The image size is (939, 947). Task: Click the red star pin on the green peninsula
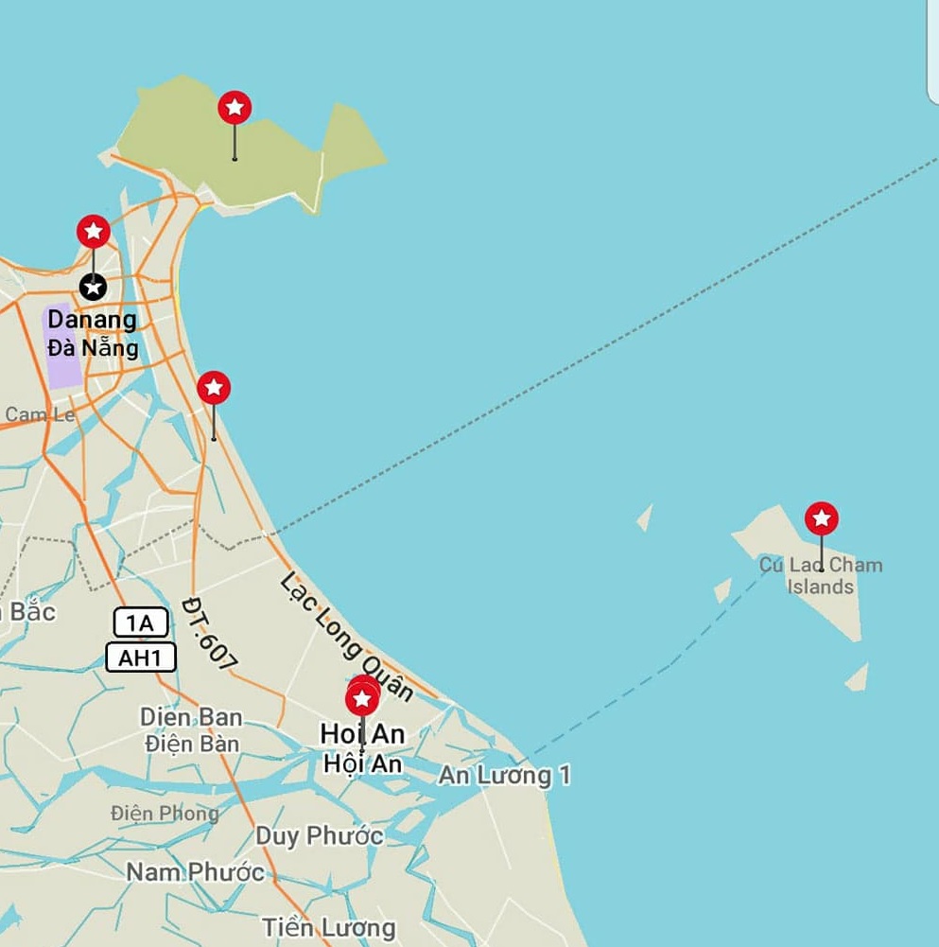click(x=235, y=108)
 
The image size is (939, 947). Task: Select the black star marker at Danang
click(x=93, y=286)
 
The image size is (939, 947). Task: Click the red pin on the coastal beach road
click(x=214, y=388)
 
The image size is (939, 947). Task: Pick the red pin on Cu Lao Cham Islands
click(x=822, y=518)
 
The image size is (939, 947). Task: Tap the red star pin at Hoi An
click(x=362, y=700)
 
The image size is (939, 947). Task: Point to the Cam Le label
click(x=40, y=414)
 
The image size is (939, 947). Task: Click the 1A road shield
click(x=141, y=623)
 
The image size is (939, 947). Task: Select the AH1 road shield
click(x=141, y=658)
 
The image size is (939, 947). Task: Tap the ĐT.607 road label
click(x=210, y=635)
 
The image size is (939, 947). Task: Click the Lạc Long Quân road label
click(x=347, y=635)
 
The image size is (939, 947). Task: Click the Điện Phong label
click(x=165, y=813)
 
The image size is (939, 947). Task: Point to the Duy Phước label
click(x=320, y=836)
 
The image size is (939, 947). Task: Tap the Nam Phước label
click(x=196, y=871)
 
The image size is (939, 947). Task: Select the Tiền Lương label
click(x=329, y=927)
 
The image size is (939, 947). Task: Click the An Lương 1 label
click(x=505, y=776)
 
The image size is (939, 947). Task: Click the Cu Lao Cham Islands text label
click(x=821, y=576)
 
